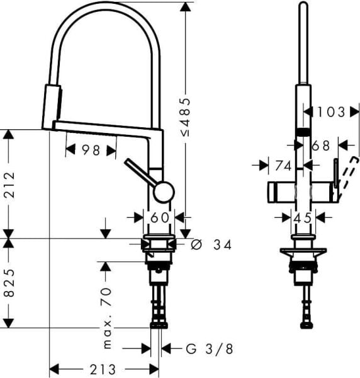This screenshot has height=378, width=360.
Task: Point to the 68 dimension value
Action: pyautogui.click(x=320, y=146)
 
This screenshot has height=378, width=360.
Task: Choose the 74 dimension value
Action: pyautogui.click(x=283, y=166)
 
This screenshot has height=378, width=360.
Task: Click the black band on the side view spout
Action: pyautogui.click(x=303, y=131)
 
